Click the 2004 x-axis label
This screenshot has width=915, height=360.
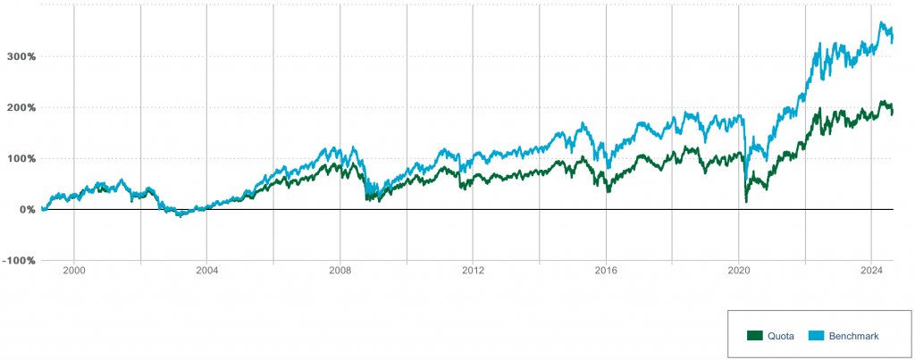(x=206, y=269)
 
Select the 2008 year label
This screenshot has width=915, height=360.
(x=340, y=269)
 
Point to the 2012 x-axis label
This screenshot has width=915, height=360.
(x=473, y=269)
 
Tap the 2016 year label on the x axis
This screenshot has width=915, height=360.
(x=606, y=269)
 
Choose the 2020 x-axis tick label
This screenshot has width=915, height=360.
(x=739, y=269)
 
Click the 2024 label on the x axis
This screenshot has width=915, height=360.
(x=872, y=269)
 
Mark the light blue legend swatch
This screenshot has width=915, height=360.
(x=816, y=336)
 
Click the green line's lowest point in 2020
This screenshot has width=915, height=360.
(x=746, y=202)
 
